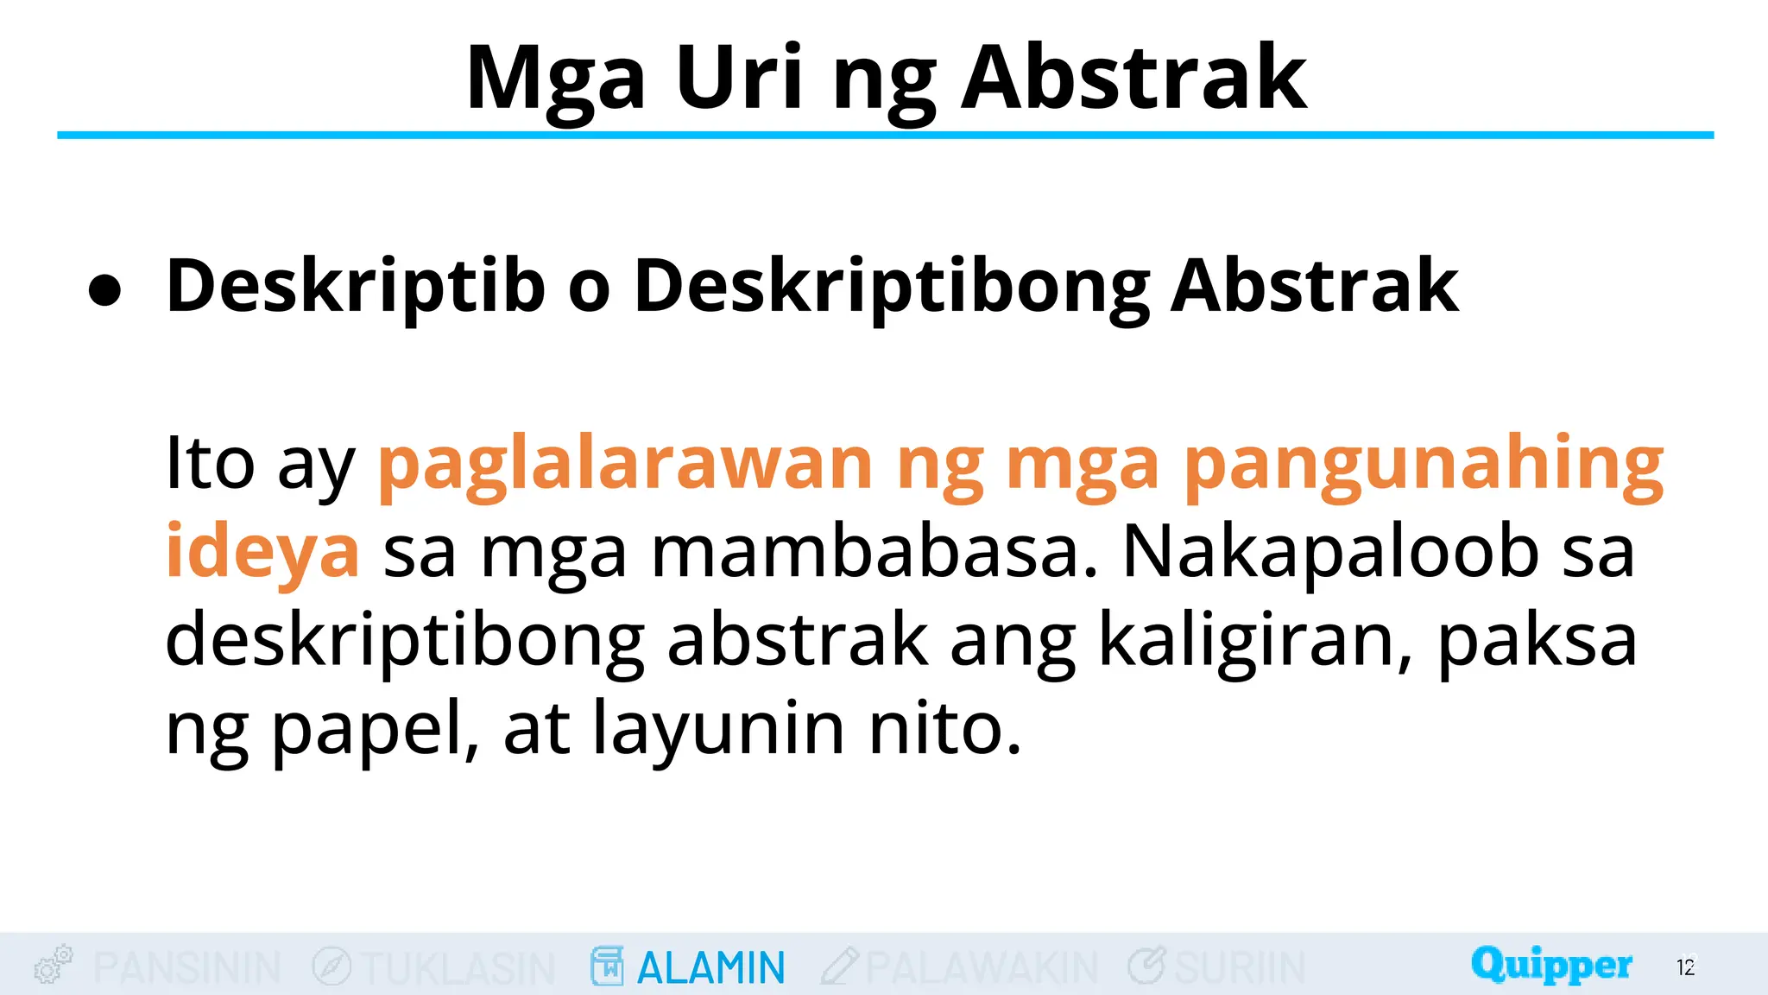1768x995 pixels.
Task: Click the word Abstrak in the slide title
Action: tap(1133, 79)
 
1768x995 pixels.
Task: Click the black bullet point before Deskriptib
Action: tap(104, 290)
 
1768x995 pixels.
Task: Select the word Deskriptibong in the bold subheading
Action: tap(891, 288)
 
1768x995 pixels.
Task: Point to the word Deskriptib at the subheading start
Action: tap(355, 288)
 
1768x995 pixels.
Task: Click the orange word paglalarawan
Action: tap(625, 466)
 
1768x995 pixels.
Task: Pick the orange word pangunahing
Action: tap(1423, 466)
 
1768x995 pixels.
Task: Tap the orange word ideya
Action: tap(262, 554)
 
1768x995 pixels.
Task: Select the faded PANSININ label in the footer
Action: tap(186, 967)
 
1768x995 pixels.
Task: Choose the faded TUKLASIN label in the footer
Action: tap(458, 967)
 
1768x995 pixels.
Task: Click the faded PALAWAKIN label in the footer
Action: tap(982, 967)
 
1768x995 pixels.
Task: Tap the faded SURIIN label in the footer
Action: tap(1239, 967)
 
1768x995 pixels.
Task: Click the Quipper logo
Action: tap(1551, 965)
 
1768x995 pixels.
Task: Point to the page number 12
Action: tap(1685, 967)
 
